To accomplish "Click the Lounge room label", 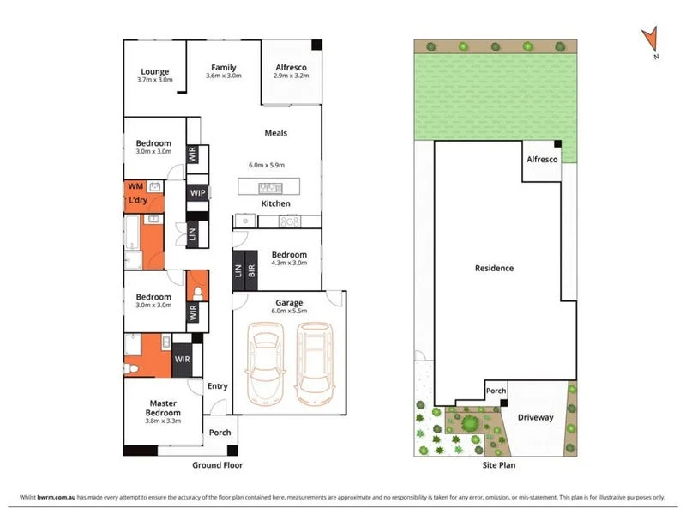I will pyautogui.click(x=154, y=71).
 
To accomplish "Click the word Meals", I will pyautogui.click(x=275, y=133).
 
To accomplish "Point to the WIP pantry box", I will pyautogui.click(x=197, y=192).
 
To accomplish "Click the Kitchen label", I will pyautogui.click(x=275, y=203).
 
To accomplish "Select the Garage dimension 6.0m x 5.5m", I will pyautogui.click(x=290, y=310).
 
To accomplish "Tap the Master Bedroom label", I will pyautogui.click(x=163, y=408).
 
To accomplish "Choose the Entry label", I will pyautogui.click(x=218, y=386).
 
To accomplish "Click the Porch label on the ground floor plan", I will pyautogui.click(x=220, y=432).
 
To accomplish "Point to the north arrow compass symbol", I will pyautogui.click(x=651, y=40).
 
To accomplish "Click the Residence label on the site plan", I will pyautogui.click(x=495, y=268).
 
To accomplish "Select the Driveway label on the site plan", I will pyautogui.click(x=536, y=418).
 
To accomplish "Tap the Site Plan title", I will pyautogui.click(x=494, y=465).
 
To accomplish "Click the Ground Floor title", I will pyautogui.click(x=218, y=465).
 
